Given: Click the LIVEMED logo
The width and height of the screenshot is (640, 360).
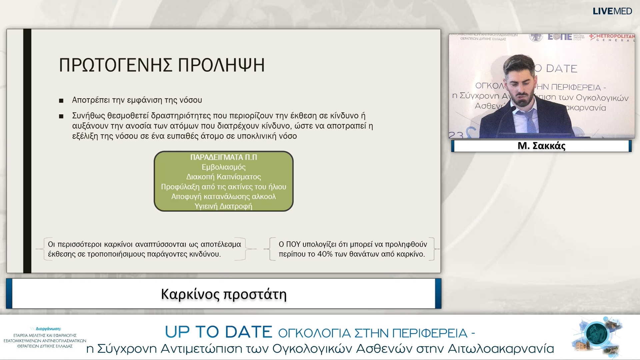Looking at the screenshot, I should [612, 11].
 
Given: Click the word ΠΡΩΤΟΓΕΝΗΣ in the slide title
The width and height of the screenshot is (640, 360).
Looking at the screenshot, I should [116, 65].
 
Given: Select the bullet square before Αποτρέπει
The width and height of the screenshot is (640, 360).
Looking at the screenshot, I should [61, 101].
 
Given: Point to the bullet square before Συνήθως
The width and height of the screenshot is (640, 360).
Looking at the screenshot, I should [61, 116].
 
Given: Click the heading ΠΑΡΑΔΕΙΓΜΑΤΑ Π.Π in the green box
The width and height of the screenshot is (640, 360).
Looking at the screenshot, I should [223, 157].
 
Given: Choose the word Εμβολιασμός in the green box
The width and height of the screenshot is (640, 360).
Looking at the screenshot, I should [223, 167].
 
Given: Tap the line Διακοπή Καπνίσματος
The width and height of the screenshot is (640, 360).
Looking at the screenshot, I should [223, 177].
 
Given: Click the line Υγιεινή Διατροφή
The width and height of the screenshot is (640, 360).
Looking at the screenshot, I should [223, 206].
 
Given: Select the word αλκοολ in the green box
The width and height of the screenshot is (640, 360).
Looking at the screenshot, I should [264, 196].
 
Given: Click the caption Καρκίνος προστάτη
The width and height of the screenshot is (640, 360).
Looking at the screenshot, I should [224, 294].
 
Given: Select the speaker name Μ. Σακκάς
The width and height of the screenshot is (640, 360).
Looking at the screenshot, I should [541, 146].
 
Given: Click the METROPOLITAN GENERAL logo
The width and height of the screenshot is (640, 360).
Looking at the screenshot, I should [612, 37].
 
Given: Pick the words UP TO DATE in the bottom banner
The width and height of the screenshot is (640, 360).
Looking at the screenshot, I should [218, 332].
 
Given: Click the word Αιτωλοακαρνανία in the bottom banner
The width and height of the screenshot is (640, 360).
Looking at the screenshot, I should [501, 349].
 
